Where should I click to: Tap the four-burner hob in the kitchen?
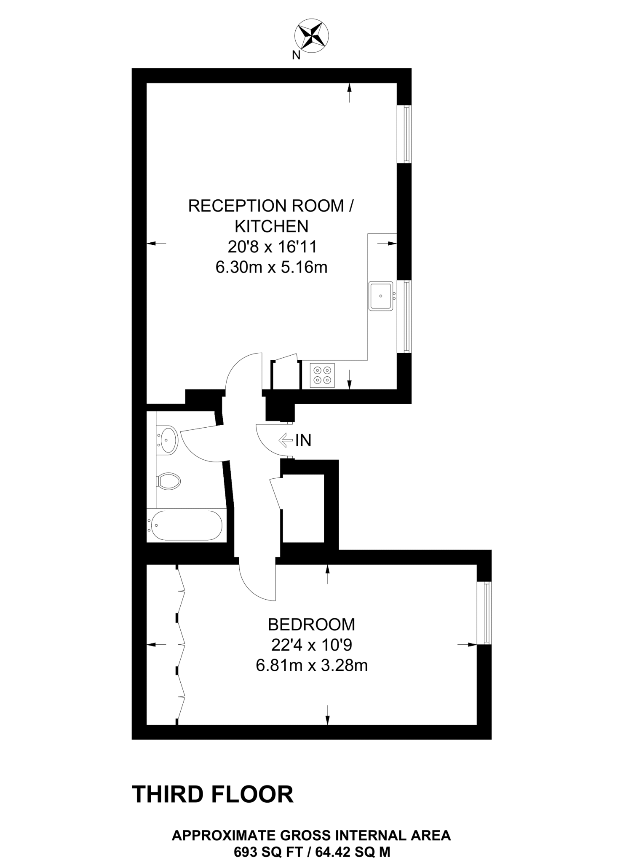click(322, 375)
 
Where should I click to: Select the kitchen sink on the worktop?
click(381, 296)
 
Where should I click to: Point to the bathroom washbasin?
click(167, 440)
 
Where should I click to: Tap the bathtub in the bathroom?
click(186, 525)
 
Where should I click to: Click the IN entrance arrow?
click(286, 440)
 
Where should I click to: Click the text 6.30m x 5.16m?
click(271, 267)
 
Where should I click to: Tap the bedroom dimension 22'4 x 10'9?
click(311, 645)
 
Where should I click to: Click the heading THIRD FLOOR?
click(213, 794)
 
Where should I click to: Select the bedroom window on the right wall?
click(487, 613)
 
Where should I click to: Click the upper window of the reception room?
click(406, 134)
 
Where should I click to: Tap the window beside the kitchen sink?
click(406, 316)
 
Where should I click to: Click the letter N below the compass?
click(296, 55)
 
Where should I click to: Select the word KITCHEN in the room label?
click(271, 226)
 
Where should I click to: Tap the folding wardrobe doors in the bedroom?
click(180, 645)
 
